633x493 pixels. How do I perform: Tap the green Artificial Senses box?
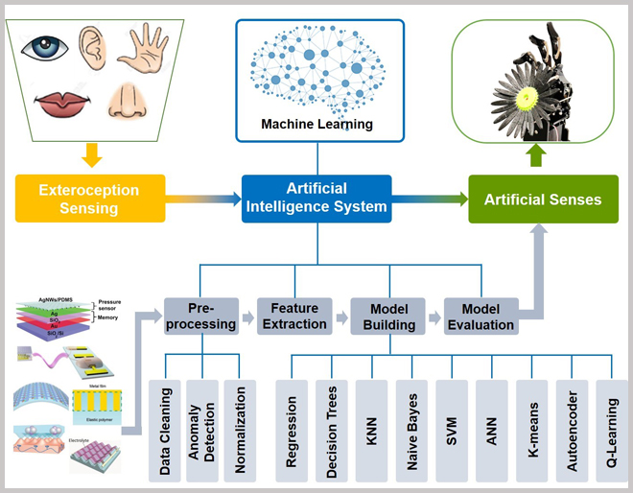point(543,200)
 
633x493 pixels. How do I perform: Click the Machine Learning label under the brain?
point(316,124)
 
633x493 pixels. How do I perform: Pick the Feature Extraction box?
point(293,316)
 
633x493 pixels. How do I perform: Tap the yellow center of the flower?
point(526,97)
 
